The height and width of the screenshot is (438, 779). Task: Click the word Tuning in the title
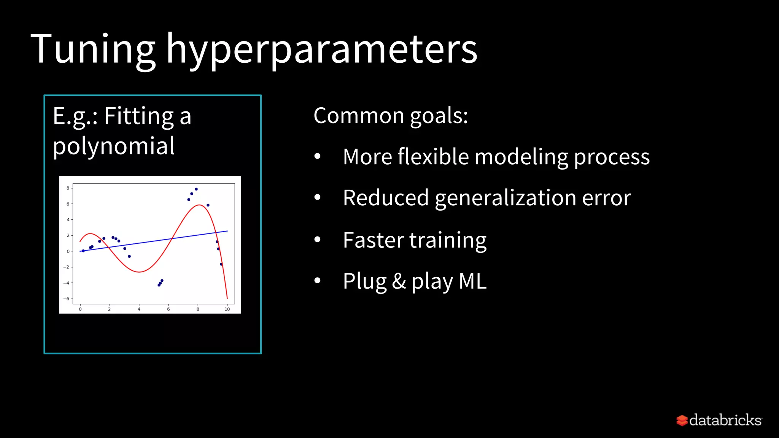[x=93, y=49]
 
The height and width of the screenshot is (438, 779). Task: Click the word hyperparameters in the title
[x=322, y=49]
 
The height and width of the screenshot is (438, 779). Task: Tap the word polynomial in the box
[x=113, y=146]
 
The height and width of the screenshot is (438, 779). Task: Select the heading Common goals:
[x=390, y=116]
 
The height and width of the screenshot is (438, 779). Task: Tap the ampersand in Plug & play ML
[x=399, y=281]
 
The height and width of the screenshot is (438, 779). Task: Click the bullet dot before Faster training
[x=318, y=240]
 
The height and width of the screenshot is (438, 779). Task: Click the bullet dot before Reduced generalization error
[x=318, y=197]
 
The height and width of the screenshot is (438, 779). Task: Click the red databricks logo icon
[x=682, y=420]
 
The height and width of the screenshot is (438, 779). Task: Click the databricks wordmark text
[x=725, y=420]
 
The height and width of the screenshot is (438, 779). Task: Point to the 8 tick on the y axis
[x=68, y=188]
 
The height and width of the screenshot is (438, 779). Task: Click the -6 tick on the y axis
[x=67, y=299]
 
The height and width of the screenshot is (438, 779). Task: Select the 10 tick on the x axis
[x=227, y=309]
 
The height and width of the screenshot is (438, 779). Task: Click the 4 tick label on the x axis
[x=139, y=309]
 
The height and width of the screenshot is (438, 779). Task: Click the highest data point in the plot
[x=196, y=189]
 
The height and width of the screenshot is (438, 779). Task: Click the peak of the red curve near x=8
[x=199, y=205]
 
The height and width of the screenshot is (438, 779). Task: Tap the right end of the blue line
[x=227, y=231]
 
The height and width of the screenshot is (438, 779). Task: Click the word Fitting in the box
[x=139, y=116]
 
